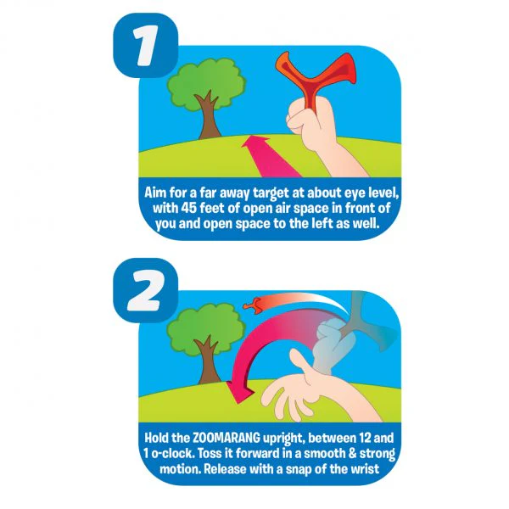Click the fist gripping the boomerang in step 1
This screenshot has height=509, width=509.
[310, 120]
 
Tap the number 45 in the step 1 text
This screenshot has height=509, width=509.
[188, 208]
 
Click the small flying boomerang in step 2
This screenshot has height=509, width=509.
[253, 305]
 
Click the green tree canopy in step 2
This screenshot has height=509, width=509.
[206, 331]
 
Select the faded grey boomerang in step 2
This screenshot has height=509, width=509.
[366, 325]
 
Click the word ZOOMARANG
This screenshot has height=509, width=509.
[227, 438]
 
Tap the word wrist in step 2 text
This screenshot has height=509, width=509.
[366, 469]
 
